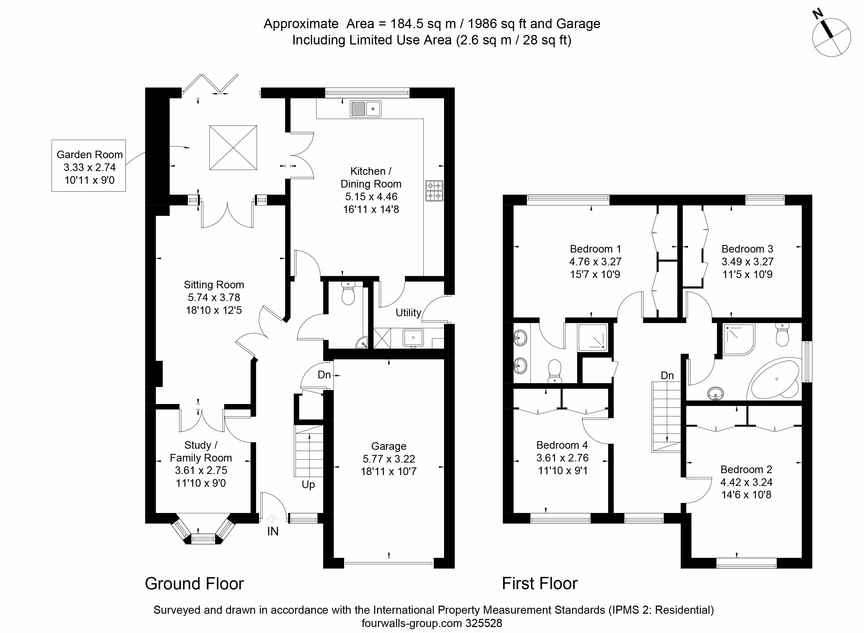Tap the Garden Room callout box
click(89, 166)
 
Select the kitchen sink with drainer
click(366, 109)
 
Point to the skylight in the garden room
click(233, 147)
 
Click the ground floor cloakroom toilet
click(348, 293)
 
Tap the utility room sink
click(413, 338)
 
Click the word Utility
click(408, 313)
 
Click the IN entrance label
click(273, 531)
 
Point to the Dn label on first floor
click(667, 376)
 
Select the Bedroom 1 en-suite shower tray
click(592, 337)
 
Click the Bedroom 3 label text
click(747, 249)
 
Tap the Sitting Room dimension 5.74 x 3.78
click(214, 297)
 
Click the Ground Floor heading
click(194, 584)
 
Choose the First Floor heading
click(540, 584)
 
